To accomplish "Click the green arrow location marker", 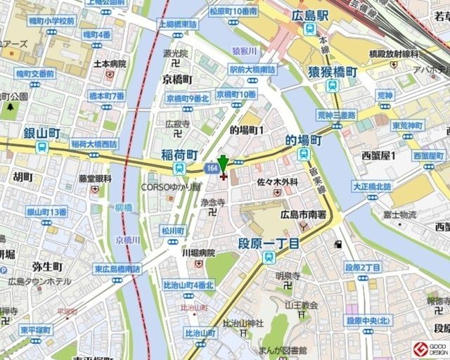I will pos(223,163).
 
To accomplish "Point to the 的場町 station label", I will pos(303,140).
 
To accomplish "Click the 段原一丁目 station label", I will pos(268,243).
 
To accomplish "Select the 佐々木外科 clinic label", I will pos(277,182).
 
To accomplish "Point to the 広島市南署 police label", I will pos(303,214).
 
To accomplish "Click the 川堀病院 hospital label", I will pos(198,252).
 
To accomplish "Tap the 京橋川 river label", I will pos(128,240).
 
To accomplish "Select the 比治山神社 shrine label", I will pos(243,323).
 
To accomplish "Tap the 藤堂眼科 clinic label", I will pos(95,179).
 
